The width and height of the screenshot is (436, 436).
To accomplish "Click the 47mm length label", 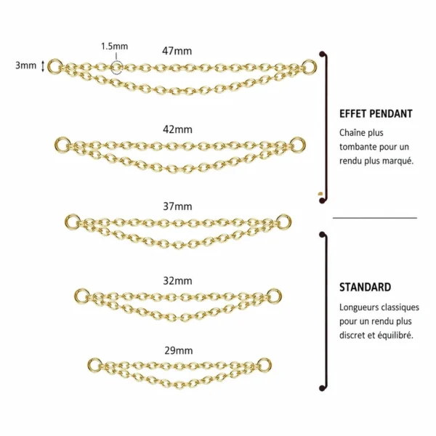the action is pos(177,51).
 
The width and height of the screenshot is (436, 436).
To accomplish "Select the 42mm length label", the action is pos(177,129).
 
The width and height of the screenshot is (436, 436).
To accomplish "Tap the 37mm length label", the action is pos(177,206).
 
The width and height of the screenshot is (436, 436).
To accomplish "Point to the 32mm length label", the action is pos(177,280).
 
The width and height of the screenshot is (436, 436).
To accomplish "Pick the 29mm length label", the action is pos(179,351).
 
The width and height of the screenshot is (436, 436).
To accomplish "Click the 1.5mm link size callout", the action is pos(114,47).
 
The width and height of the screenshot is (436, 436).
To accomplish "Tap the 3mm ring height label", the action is pos(25,65).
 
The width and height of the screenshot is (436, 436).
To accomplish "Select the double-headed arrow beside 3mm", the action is pos(43,66).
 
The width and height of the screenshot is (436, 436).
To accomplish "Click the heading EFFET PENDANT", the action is pos(376,114).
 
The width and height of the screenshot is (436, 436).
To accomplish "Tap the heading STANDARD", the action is pos(365,287).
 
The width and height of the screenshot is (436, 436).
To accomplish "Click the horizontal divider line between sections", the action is pos(375,218).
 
